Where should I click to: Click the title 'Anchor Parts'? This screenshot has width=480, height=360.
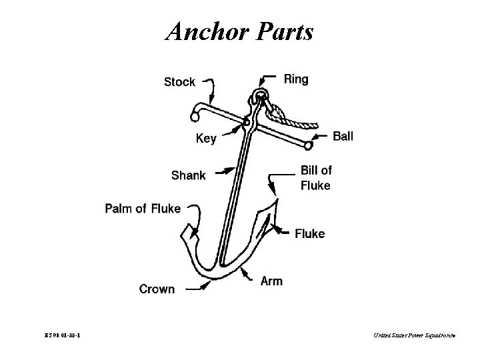tap(239, 31)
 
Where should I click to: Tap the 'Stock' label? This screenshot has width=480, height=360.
tap(179, 82)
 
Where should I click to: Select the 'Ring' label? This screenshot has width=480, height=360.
tap(296, 79)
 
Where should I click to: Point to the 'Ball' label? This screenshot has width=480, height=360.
tap(343, 136)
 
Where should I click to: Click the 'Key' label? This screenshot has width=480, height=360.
tap(206, 139)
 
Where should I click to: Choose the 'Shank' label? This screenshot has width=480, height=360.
tap(189, 175)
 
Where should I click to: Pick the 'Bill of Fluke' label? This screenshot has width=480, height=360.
tap(315, 178)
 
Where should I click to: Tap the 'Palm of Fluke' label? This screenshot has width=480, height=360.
tap(143, 209)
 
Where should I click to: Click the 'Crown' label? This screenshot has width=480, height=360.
tap(157, 289)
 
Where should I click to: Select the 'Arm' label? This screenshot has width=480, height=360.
tap(271, 281)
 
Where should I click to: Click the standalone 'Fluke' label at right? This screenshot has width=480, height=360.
tap(309, 233)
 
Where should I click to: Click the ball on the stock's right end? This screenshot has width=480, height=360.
tap(308, 145)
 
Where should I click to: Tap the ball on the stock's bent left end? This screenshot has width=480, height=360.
tap(195, 117)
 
